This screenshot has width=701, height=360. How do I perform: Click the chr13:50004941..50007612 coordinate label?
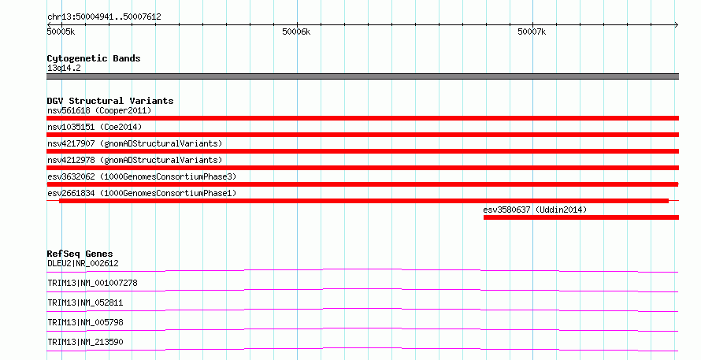point(104,17)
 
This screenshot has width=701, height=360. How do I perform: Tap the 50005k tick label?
point(61,32)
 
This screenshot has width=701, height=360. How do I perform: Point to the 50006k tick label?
point(296,32)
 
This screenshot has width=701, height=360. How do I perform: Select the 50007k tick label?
point(532,32)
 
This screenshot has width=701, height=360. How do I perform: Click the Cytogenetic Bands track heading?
point(94,58)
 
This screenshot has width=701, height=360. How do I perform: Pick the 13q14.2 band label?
point(64,68)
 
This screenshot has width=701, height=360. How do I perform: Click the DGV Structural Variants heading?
point(110,101)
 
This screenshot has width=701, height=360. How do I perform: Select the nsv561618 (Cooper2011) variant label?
point(99,110)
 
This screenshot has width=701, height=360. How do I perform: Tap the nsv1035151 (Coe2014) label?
point(95,127)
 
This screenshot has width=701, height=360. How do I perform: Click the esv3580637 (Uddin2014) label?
point(535,210)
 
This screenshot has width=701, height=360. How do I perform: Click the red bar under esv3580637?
point(581,217)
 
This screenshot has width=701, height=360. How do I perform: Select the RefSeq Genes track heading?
point(80,254)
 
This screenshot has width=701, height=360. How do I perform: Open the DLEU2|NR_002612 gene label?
point(83,263)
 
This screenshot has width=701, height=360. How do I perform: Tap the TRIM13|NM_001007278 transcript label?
point(92,283)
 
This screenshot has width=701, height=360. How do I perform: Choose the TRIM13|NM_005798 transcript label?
point(85,322)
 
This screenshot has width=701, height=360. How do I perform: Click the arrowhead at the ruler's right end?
point(677,25)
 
